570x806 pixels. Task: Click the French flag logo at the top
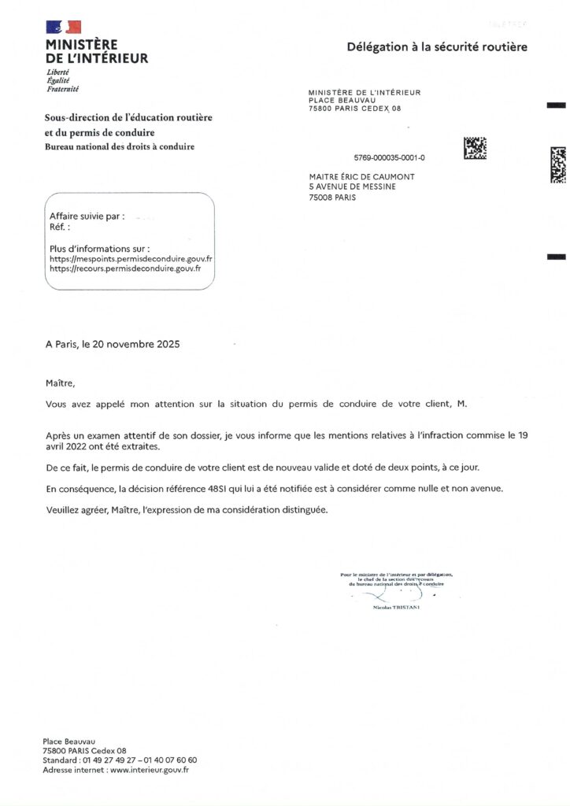(x=63, y=28)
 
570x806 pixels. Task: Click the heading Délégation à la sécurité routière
(x=437, y=48)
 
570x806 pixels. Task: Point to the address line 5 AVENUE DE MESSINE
(x=352, y=187)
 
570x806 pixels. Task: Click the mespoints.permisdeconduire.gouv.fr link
(x=131, y=258)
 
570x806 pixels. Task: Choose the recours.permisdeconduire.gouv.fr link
(x=125, y=268)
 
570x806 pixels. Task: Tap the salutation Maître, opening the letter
(x=61, y=383)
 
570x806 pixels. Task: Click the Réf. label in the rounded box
(x=59, y=227)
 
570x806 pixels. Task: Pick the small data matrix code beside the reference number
(x=474, y=148)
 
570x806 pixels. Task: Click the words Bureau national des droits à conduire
(x=120, y=147)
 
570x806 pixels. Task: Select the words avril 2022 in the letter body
(x=65, y=446)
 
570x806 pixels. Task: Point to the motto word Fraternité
(x=63, y=89)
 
